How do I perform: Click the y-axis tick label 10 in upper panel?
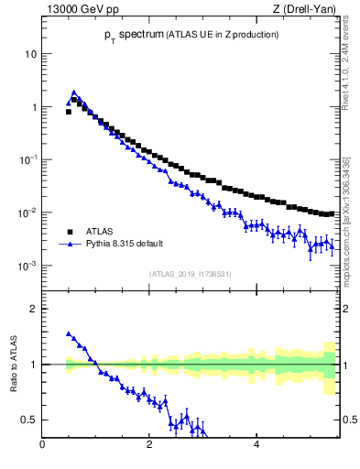[x=30, y=54]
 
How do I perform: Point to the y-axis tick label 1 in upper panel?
[x=33, y=107]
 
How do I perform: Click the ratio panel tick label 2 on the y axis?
[x=33, y=309]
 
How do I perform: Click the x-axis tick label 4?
[x=256, y=446]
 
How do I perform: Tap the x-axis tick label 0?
[x=42, y=446]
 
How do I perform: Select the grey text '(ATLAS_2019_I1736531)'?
[x=191, y=274]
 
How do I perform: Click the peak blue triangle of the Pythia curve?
[x=73, y=93]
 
